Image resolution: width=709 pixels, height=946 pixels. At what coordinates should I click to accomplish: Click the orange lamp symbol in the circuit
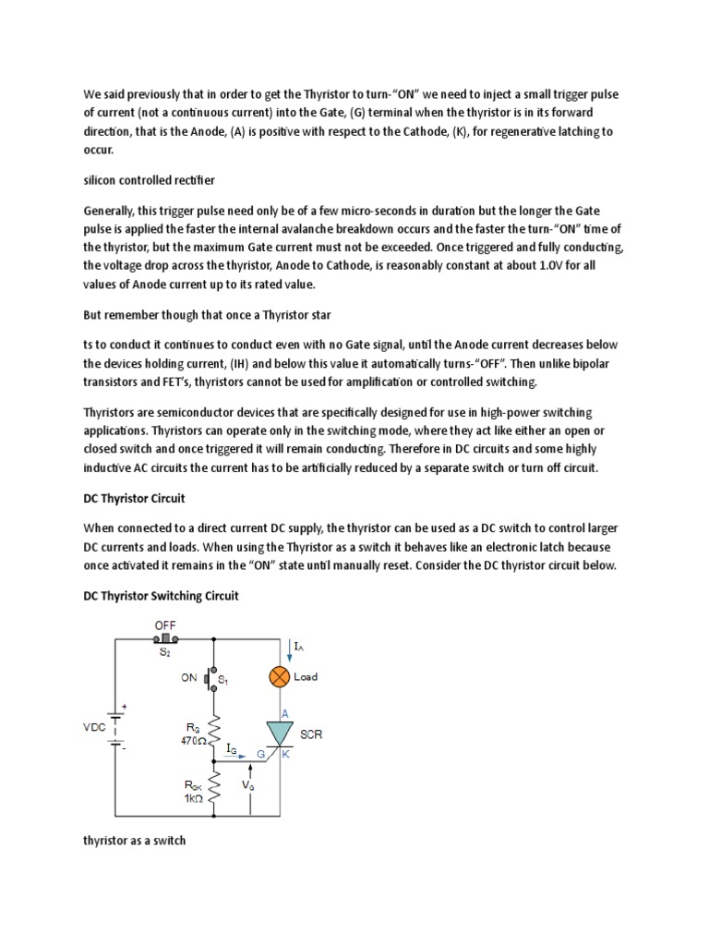(280, 677)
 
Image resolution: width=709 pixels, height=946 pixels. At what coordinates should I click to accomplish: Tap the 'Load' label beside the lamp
(306, 677)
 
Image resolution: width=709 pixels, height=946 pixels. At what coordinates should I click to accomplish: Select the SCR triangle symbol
(280, 735)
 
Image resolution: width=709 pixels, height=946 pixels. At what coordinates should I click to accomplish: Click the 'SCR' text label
(311, 734)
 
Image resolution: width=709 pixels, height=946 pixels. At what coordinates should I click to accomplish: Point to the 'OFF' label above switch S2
(165, 625)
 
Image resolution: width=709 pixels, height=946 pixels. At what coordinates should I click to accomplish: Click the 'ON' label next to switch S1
(189, 677)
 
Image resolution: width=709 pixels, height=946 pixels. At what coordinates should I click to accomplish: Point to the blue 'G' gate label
(261, 756)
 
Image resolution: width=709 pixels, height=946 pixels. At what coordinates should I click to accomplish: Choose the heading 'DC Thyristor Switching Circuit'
(161, 596)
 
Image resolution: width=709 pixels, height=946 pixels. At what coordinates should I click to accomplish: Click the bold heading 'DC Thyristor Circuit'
(134, 498)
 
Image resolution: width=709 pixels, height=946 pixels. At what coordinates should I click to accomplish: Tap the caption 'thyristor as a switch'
(135, 842)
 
